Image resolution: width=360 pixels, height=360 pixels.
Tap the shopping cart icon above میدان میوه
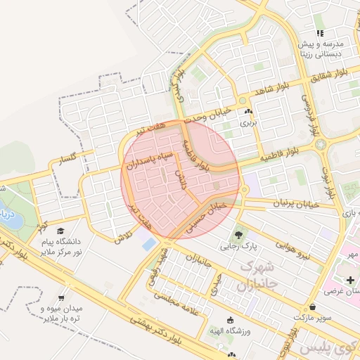[70, 297]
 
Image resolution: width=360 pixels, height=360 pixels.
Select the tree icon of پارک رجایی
[240, 235]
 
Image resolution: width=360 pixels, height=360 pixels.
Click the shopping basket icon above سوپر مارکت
[312, 307]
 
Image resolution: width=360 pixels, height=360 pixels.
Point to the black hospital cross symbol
[350, 280]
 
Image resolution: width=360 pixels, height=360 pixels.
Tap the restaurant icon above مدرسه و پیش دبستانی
[320, 32]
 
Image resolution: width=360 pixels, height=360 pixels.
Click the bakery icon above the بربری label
[246, 111]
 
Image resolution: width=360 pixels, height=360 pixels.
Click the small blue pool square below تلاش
[149, 244]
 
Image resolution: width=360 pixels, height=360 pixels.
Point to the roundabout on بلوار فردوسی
[321, 145]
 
